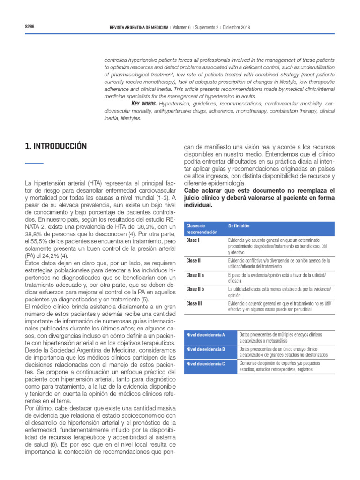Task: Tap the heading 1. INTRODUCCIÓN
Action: click(56, 146)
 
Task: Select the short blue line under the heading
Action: click(34, 163)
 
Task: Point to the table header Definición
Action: click(239, 226)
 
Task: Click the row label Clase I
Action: click(193, 240)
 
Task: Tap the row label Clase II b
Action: click(195, 289)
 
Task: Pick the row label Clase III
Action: click(194, 304)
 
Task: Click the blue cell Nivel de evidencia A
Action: click(206, 335)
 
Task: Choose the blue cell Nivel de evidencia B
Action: click(206, 349)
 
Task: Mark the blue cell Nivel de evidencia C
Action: click(206, 364)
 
